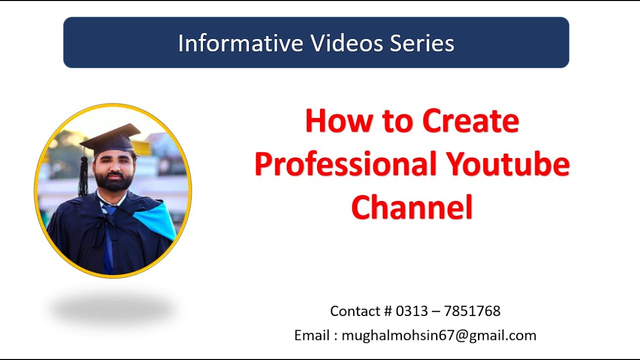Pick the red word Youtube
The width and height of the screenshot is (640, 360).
(508, 164)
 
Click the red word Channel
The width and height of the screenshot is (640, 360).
(412, 207)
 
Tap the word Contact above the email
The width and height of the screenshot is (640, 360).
(355, 311)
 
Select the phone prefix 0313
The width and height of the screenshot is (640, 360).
(411, 311)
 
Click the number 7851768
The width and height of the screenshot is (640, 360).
(472, 311)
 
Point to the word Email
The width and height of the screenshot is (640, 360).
(311, 335)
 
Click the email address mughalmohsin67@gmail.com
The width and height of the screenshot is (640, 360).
(439, 335)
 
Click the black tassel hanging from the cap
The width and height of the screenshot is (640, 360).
(83, 175)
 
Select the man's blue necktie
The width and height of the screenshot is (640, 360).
(108, 240)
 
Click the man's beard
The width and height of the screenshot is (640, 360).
(113, 182)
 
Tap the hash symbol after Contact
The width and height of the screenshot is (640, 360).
(388, 311)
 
